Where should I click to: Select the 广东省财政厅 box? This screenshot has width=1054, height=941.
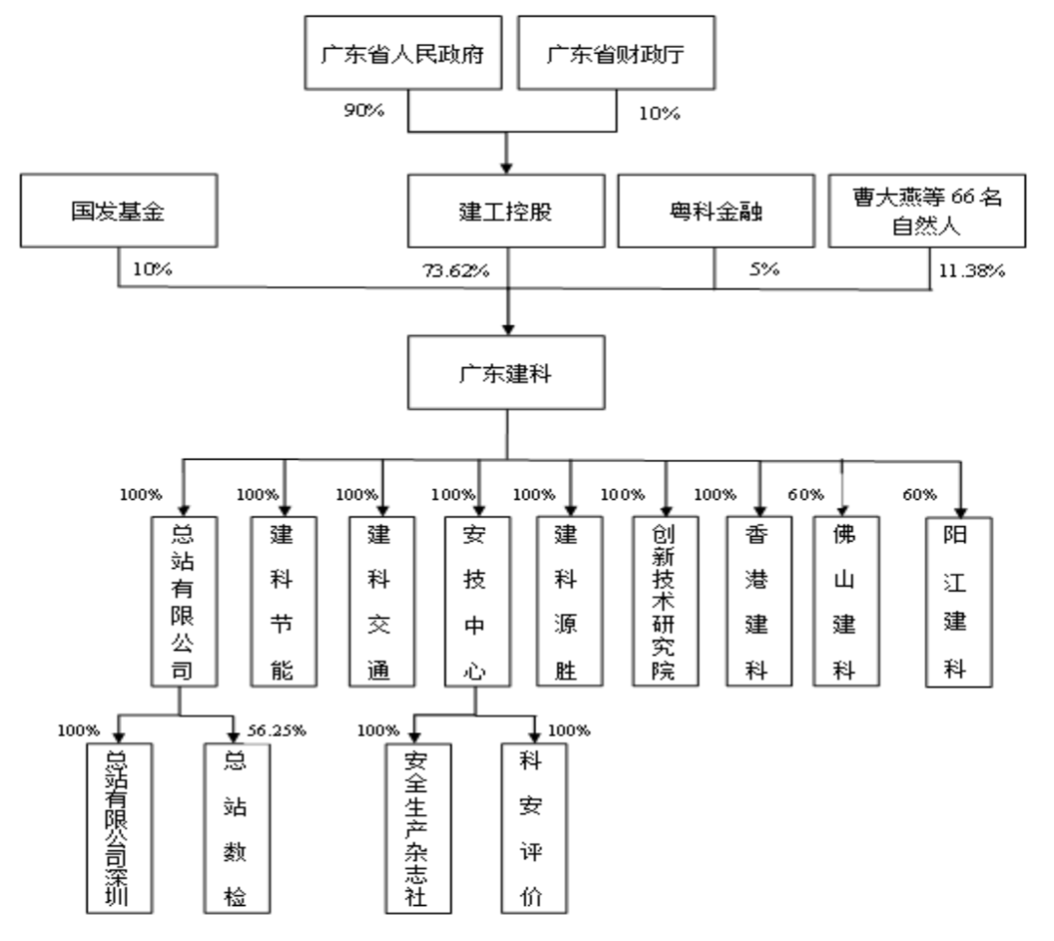tap(614, 55)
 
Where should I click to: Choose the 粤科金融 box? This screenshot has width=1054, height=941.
tap(714, 213)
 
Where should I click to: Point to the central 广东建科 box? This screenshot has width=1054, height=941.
tap(505, 373)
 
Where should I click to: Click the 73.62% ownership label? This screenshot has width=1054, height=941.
tap(453, 270)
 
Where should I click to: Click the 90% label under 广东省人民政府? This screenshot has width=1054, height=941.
tap(363, 108)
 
